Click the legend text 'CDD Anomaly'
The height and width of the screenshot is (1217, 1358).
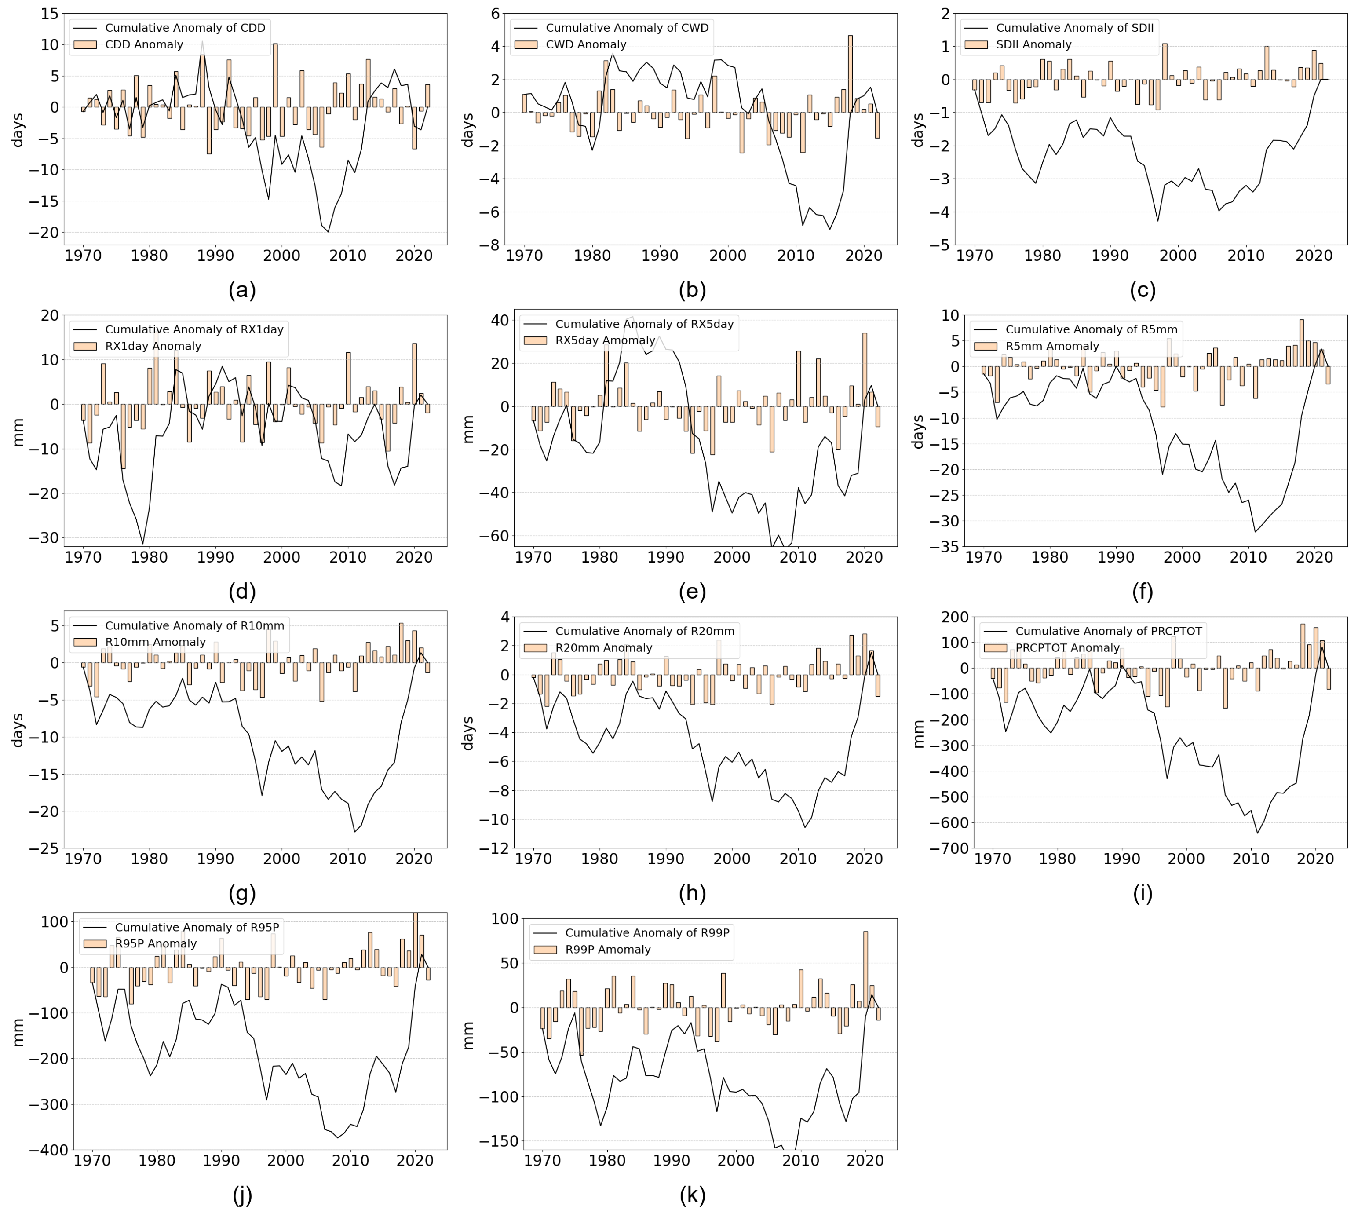click(x=144, y=45)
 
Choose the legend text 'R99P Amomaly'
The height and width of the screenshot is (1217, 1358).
click(x=607, y=950)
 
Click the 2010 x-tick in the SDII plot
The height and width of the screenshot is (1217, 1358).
click(x=1246, y=256)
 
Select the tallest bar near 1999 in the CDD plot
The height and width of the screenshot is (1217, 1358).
click(x=275, y=75)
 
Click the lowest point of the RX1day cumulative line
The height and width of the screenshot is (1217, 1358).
click(x=142, y=544)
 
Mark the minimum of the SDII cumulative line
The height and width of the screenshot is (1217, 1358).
click(x=1157, y=221)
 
